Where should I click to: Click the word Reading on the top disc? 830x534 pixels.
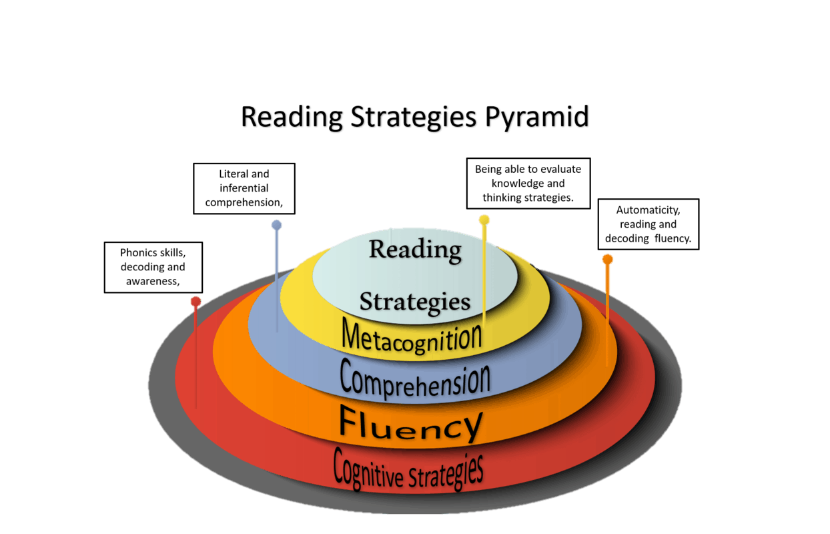tap(415, 250)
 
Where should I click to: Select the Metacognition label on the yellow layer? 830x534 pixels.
tap(412, 336)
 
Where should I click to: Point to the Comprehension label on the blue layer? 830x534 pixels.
tap(414, 378)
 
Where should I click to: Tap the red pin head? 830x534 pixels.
tap(195, 302)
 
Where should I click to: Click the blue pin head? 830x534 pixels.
tap(277, 225)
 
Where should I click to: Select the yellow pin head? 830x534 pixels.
tap(484, 220)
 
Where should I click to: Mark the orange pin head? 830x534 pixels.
tap(607, 259)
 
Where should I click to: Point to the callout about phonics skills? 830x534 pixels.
tap(153, 267)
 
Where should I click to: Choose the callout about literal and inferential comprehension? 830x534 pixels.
tap(244, 188)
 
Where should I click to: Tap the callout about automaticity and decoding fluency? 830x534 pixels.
tap(648, 224)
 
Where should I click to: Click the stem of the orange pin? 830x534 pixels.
tap(607, 314)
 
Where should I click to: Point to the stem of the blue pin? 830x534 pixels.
tap(277, 280)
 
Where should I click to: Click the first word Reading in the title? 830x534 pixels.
tap(290, 119)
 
